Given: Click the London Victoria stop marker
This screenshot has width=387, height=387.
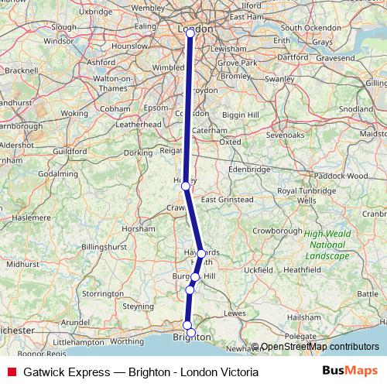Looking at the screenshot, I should tap(190, 33).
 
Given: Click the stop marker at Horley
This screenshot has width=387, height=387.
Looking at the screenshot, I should tap(185, 186).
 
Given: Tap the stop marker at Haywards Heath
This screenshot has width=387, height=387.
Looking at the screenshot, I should tap(201, 253).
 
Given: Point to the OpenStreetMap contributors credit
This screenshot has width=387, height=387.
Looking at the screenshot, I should tap(319, 348).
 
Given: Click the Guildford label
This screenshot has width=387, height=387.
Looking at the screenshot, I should tap(70, 151).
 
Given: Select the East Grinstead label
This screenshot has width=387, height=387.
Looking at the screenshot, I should tap(227, 200).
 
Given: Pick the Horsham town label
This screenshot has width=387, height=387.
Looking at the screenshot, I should tap(144, 229).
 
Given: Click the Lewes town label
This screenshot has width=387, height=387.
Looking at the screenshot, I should tap(234, 313).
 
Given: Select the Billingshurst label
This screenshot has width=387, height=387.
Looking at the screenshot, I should tap(104, 246).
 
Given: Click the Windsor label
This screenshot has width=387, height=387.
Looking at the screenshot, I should tap(59, 41).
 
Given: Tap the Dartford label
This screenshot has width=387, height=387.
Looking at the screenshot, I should tap(292, 57).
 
